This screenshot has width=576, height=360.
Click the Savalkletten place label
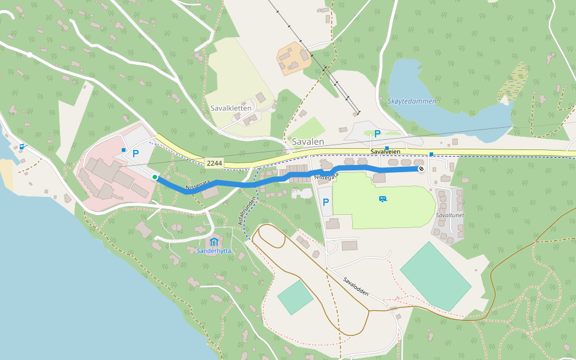[x=231, y=109]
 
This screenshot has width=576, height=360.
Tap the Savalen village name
[x=308, y=142]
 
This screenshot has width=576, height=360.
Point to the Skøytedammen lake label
[x=412, y=101]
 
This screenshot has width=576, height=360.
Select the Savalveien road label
[x=385, y=152]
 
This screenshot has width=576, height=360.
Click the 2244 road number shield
[x=214, y=163]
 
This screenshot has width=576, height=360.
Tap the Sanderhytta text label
[x=214, y=251]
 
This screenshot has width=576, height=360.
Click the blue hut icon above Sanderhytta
[x=214, y=242]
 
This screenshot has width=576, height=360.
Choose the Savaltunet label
[x=450, y=215]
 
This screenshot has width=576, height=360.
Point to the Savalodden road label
[x=356, y=286]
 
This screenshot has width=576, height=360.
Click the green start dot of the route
[x=155, y=177]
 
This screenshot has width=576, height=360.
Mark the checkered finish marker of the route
[x=421, y=169]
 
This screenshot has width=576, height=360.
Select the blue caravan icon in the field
[x=382, y=199]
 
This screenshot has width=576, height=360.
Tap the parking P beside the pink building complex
[x=136, y=154]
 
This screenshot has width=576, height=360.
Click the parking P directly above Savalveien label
[x=377, y=134]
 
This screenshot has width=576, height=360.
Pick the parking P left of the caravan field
[x=326, y=203]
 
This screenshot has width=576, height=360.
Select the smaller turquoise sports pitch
[x=295, y=297]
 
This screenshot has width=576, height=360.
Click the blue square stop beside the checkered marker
[x=431, y=155]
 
